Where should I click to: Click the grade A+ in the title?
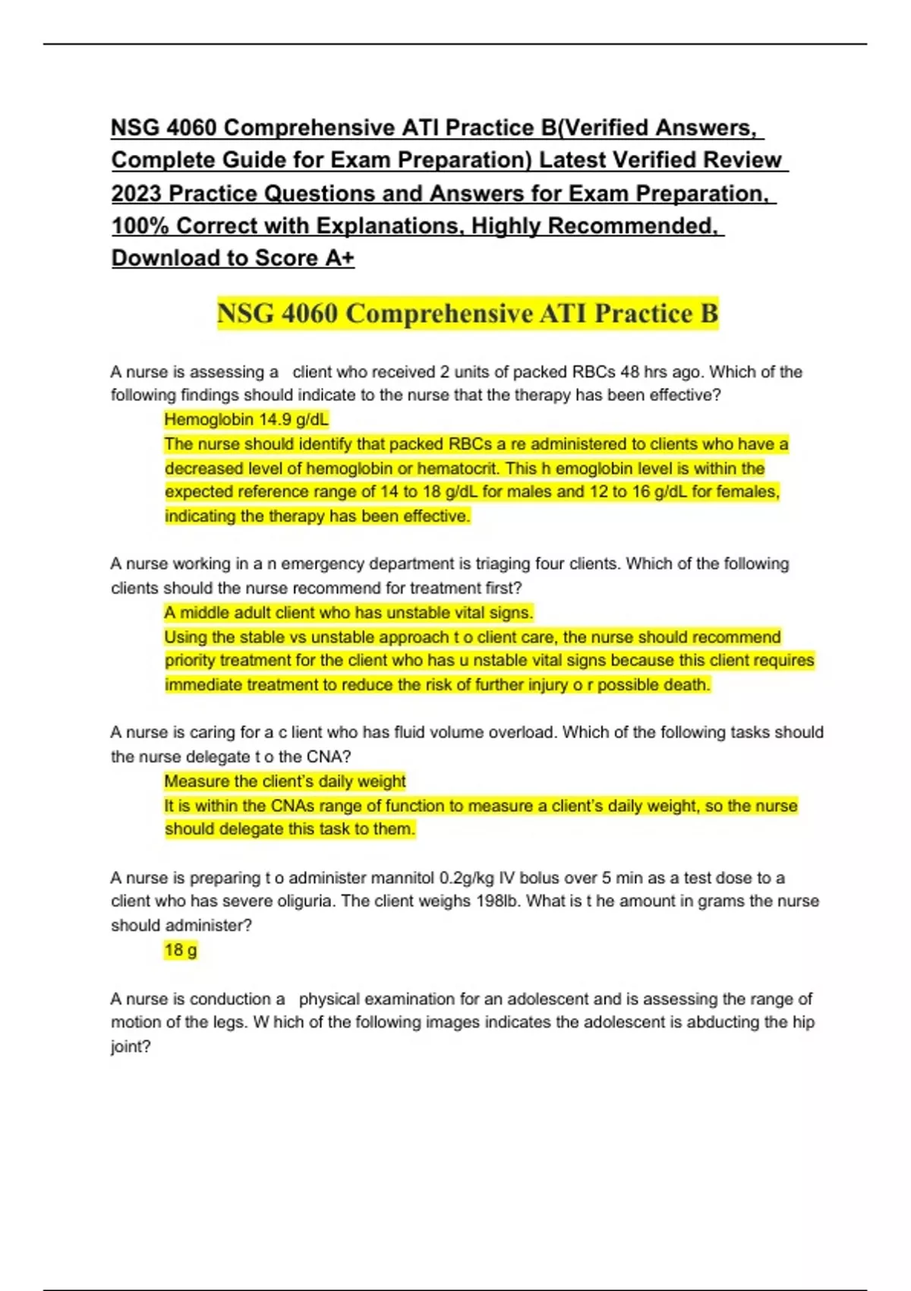click(339, 258)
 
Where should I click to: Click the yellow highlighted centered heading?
click(467, 313)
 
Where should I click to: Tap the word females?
click(748, 492)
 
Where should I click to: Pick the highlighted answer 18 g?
click(181, 950)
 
